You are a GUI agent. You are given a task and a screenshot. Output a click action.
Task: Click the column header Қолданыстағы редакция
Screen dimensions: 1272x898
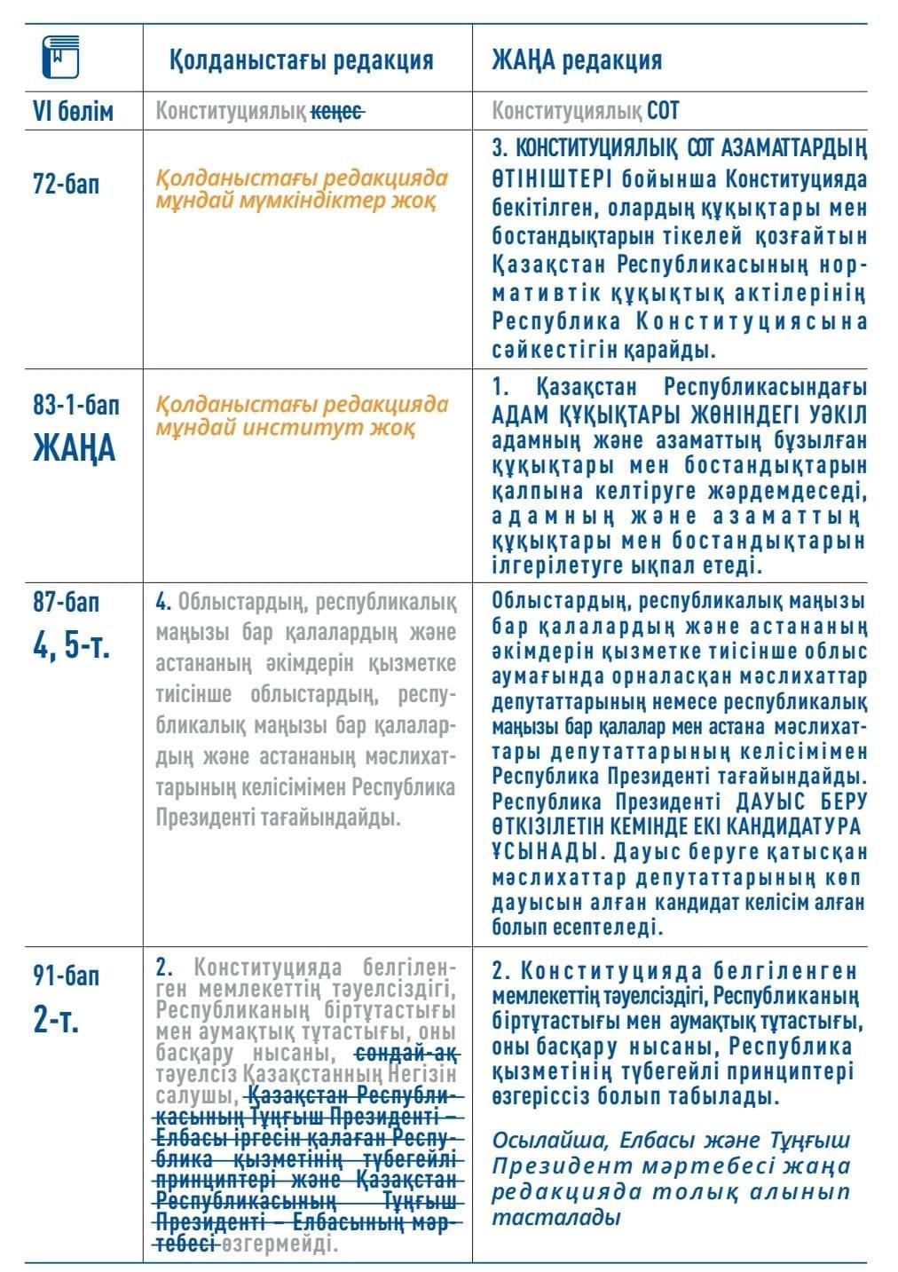302,60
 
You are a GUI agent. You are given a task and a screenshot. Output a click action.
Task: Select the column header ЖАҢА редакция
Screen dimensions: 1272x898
577,60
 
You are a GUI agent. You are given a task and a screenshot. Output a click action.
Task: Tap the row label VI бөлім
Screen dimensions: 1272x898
73,112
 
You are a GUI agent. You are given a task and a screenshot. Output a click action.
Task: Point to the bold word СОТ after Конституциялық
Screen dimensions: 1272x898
663,112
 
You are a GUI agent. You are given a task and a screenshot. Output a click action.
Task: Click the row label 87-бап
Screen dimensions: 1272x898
66,603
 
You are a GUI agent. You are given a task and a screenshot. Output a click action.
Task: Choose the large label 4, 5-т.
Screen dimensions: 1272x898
72,643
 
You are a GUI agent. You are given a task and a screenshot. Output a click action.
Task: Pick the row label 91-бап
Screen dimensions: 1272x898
66,976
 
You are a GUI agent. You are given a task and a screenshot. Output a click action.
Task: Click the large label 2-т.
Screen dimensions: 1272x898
58,1019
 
